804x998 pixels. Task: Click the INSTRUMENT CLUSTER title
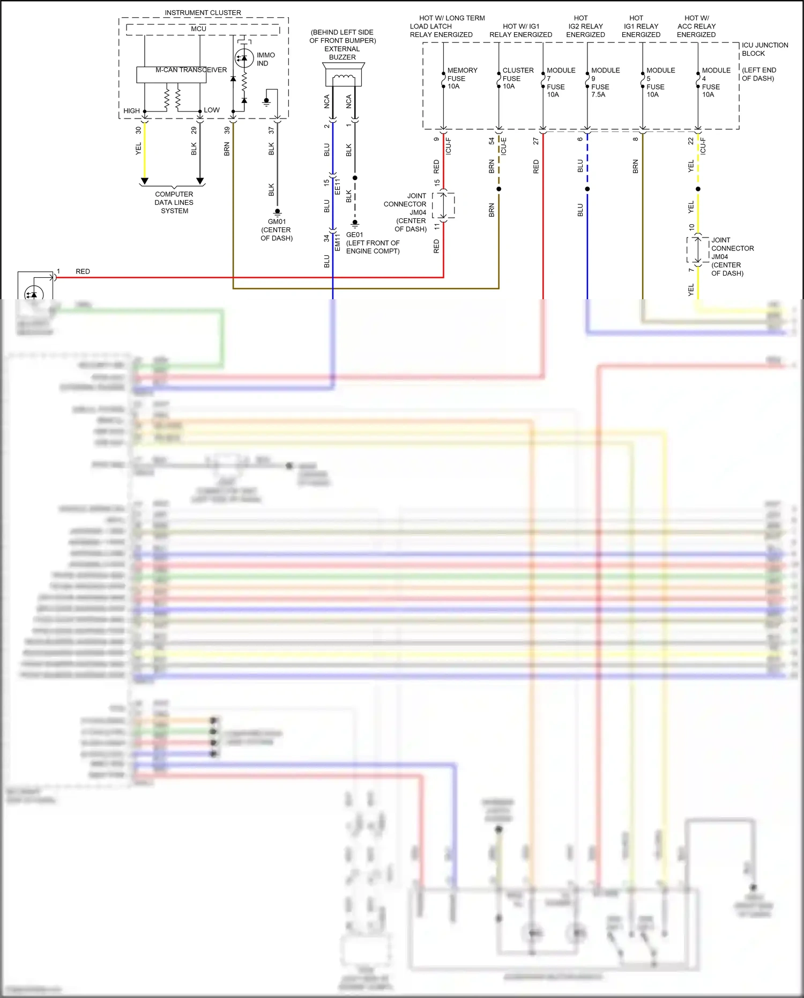(203, 12)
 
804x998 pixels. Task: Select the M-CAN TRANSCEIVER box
(171, 75)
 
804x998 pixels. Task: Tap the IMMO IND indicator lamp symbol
(244, 58)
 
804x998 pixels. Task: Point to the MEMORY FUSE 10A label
(461, 78)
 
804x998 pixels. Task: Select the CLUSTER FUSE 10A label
(517, 78)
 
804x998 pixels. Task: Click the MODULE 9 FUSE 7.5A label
(605, 83)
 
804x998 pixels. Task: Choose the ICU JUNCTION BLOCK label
(764, 49)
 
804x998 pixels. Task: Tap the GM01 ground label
(277, 221)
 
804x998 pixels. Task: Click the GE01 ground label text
(355, 235)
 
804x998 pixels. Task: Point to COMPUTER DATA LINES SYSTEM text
(174, 203)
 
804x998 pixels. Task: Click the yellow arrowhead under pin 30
(144, 181)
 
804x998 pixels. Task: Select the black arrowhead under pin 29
(200, 181)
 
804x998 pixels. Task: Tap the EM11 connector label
(338, 242)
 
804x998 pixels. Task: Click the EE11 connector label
(338, 187)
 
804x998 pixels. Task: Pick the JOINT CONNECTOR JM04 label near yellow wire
(732, 256)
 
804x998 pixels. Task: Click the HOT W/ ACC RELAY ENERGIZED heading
(696, 26)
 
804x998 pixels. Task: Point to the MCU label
(198, 28)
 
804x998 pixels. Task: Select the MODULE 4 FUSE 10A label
(716, 83)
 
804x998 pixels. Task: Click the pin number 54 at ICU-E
(492, 141)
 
